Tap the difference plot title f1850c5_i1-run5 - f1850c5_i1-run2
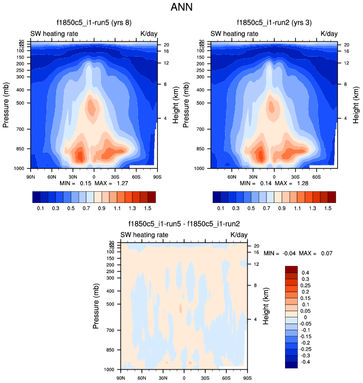tap(183, 224)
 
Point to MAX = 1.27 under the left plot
tap(119, 183)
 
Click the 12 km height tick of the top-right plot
tap(346, 63)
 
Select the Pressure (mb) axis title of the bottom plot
tap(97, 307)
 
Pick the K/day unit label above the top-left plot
tap(149, 34)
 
